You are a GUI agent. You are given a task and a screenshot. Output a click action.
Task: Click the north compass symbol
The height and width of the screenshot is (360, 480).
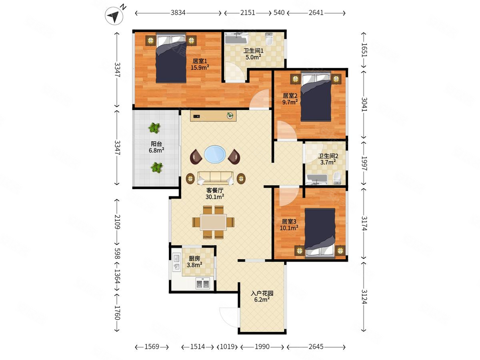114,16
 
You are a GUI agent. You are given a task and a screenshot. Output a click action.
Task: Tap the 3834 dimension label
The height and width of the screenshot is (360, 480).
178,13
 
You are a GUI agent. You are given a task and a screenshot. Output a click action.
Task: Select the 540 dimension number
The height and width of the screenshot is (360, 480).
279,13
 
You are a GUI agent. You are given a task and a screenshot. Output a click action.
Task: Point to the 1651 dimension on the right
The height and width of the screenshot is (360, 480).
364,50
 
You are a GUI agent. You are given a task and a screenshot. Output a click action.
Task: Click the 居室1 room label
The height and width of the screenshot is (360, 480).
200,61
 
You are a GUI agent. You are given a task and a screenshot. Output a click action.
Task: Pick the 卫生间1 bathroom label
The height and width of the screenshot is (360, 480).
254,51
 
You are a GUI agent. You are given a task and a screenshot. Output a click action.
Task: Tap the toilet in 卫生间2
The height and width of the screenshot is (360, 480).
337,178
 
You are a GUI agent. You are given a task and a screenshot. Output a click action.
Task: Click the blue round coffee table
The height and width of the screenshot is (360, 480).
215,154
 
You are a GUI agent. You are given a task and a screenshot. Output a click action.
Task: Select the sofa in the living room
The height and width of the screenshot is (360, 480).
215,178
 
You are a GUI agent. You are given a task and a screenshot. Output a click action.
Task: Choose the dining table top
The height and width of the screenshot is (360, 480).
213,222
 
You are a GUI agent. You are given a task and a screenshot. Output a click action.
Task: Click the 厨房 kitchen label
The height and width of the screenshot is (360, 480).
194,258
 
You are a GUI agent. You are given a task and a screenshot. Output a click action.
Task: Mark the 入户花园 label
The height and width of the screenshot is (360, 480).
262,293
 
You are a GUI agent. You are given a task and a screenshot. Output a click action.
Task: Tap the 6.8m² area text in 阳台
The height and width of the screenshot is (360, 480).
156,150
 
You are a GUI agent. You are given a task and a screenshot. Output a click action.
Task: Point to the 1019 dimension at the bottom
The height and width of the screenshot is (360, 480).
227,347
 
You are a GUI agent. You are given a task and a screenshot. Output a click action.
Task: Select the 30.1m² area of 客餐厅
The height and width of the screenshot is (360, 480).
215,197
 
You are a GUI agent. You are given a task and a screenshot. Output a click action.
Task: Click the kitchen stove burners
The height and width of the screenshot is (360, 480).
203,284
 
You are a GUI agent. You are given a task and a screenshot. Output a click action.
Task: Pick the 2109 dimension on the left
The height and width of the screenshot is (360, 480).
118,222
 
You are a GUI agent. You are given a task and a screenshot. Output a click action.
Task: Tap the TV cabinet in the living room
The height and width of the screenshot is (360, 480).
213,116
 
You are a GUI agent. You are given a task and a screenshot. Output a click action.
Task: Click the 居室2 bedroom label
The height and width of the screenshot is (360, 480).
290,96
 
